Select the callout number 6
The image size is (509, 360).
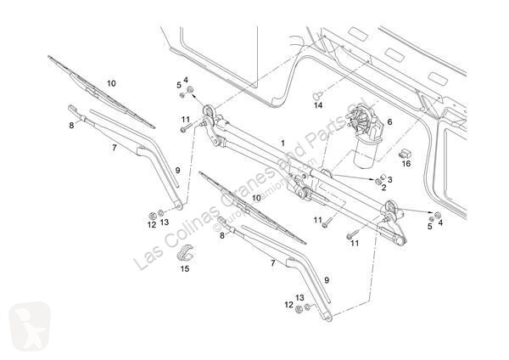(x=389, y=121)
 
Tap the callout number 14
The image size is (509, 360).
(x=318, y=105)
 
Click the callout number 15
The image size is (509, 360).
(x=185, y=270)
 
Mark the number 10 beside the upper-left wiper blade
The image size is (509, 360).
(x=111, y=83)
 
